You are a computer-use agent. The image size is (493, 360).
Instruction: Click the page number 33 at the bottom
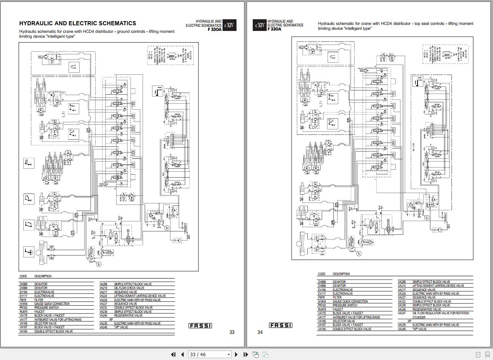[232, 332]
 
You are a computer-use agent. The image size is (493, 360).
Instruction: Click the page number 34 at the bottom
[260, 332]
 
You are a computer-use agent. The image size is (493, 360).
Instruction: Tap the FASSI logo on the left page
[200, 326]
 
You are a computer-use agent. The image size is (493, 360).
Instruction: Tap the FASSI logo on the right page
[280, 325]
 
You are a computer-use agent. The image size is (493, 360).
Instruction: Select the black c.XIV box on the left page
[229, 25]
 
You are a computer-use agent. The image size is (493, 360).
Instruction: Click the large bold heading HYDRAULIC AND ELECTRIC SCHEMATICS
[78, 23]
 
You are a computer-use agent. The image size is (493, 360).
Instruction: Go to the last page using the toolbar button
[246, 354]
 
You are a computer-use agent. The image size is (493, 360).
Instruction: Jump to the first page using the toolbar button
[173, 354]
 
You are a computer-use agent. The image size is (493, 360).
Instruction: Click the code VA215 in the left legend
[103, 288]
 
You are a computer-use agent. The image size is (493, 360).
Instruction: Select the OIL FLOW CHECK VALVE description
[129, 288]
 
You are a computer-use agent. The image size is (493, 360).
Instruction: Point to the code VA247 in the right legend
[402, 313]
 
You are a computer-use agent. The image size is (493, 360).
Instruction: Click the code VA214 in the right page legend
[402, 286]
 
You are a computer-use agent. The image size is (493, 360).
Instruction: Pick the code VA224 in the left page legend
[103, 296]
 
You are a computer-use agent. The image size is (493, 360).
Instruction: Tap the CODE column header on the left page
[23, 276]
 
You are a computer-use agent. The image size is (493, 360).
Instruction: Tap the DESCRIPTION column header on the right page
[341, 274]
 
